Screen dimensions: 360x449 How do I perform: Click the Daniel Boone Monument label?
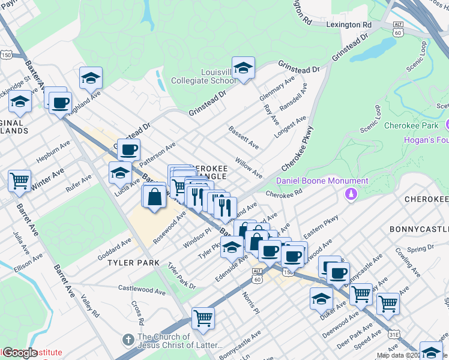[x=322, y=181]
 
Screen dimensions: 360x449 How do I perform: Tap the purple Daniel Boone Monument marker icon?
[x=351, y=194]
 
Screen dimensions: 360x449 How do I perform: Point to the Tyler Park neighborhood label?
[x=133, y=263]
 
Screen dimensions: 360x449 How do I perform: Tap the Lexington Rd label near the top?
[x=349, y=25]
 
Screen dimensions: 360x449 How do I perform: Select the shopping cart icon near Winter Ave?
[x=19, y=180]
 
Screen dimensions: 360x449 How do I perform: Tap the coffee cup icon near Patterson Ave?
[x=128, y=150]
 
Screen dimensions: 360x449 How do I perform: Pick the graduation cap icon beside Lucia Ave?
[x=120, y=172]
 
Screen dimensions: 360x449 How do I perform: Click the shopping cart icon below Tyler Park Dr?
[x=203, y=317]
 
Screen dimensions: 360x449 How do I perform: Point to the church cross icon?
[x=127, y=340]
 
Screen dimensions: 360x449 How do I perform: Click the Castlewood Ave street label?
[x=142, y=290]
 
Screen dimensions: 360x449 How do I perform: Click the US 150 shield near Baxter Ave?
[x=6, y=55]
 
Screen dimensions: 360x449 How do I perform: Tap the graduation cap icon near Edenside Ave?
[x=232, y=247]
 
